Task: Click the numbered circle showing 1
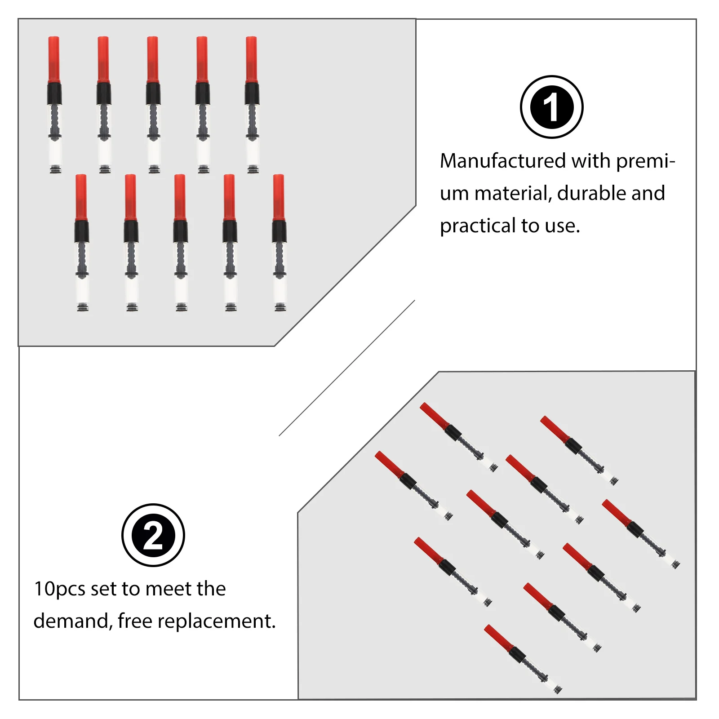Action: tap(551, 107)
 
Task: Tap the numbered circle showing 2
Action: tap(153, 535)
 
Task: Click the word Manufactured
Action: tap(503, 161)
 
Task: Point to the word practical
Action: tap(478, 226)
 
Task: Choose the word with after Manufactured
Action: tap(590, 161)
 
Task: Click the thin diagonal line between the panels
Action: tap(347, 368)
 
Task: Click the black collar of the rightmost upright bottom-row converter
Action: tap(279, 231)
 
